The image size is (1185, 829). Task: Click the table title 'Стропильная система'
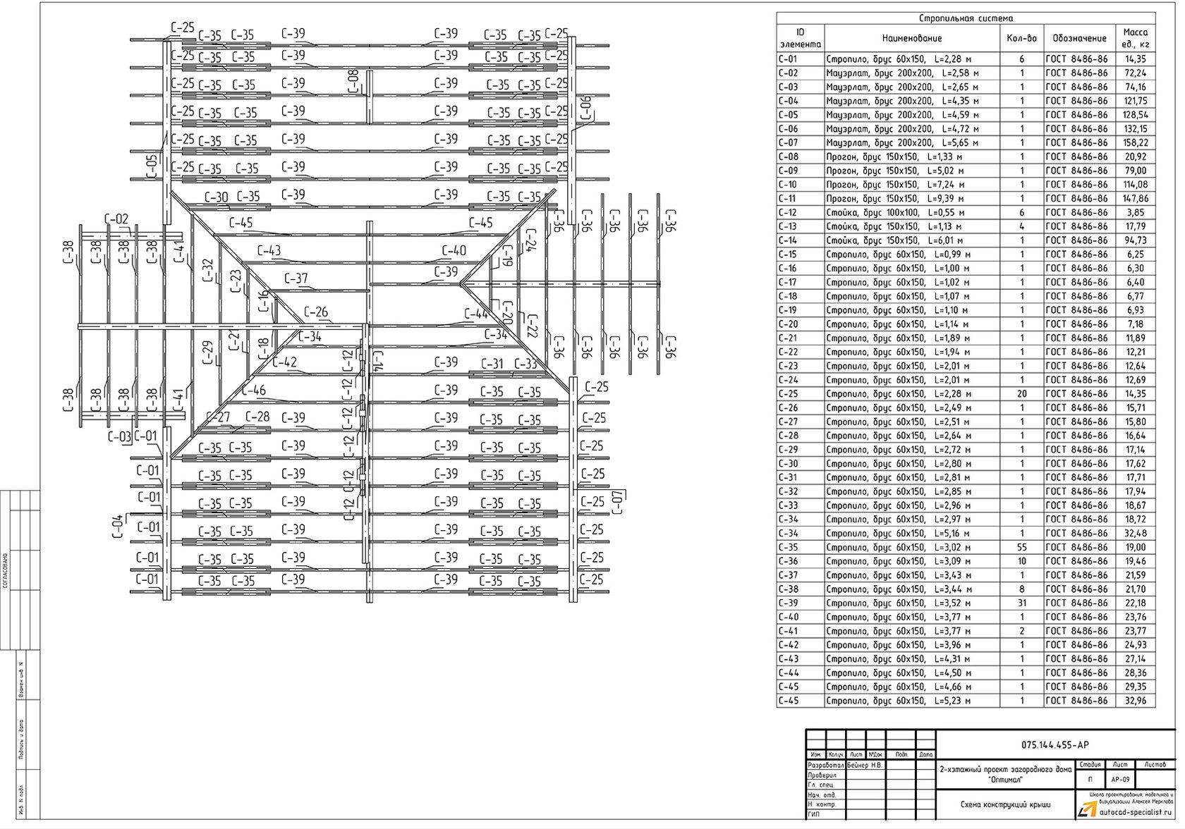[x=966, y=18]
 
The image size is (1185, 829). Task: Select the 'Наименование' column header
[x=911, y=38]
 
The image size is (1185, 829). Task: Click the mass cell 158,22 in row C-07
[x=1135, y=142]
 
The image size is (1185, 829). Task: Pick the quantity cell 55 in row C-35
[x=1021, y=547]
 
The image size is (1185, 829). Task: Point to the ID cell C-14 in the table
[x=788, y=240]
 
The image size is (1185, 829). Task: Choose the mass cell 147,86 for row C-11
[x=1135, y=199]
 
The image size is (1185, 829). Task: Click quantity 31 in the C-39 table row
[x=1021, y=603]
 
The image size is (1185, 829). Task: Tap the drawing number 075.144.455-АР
[x=1055, y=745]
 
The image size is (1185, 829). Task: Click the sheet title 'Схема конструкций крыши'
[x=1005, y=804]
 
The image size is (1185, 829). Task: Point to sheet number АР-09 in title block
[x=1120, y=780]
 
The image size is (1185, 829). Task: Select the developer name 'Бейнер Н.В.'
[x=865, y=765]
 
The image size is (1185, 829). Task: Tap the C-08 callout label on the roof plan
[x=353, y=81]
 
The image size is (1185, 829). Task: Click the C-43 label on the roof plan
[x=268, y=250]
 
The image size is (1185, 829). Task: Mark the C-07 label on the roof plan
[x=617, y=502]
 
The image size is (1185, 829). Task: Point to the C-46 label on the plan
[x=254, y=391]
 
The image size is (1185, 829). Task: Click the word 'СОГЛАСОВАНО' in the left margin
[x=6, y=571]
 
